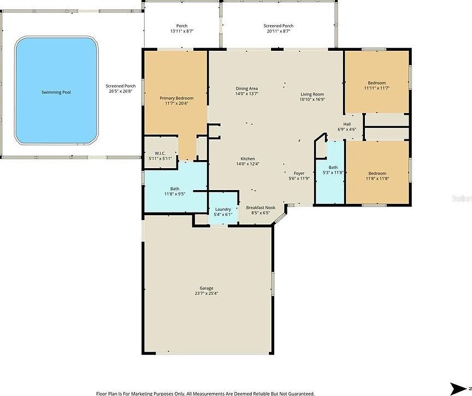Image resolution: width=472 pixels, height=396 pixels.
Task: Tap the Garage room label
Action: [x=206, y=291]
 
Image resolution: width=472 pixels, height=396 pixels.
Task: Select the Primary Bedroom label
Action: [x=176, y=101]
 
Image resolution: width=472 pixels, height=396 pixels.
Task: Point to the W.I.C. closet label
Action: [x=160, y=155]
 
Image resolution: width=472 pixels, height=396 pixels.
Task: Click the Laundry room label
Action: [x=223, y=211]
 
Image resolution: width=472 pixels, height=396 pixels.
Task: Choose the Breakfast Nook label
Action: [x=261, y=210]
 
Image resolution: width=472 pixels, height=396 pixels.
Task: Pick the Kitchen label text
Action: [x=247, y=161]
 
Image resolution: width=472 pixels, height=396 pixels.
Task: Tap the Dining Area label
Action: [x=246, y=91]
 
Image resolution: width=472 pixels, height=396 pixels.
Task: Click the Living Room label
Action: [x=312, y=97]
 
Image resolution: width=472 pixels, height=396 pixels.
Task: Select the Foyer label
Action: [x=299, y=175]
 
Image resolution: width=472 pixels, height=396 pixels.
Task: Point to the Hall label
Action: [x=347, y=127]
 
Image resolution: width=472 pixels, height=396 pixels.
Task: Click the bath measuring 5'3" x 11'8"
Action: [x=333, y=170]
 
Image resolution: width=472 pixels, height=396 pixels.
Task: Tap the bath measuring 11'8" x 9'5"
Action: [x=175, y=191]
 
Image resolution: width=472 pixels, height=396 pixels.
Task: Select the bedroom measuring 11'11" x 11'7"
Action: [x=376, y=85]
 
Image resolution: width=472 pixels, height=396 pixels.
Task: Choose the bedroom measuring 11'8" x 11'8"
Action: [x=376, y=175]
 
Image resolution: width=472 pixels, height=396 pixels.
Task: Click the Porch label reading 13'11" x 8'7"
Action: [x=182, y=28]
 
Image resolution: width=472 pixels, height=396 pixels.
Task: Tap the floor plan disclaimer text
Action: [x=205, y=393]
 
